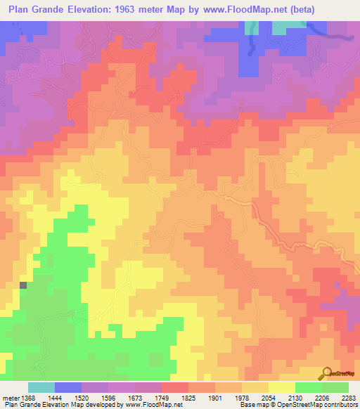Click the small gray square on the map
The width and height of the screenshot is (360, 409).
(23, 285)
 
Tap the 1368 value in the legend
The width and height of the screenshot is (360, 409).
(27, 398)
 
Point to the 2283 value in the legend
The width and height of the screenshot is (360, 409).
(348, 398)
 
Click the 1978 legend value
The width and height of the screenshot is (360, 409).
(241, 398)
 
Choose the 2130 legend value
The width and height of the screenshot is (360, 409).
(295, 398)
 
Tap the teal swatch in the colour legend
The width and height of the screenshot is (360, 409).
(41, 387)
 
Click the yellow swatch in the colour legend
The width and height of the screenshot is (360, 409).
(281, 387)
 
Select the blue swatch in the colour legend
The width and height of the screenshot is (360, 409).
(68, 387)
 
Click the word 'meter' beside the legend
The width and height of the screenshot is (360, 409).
(9, 398)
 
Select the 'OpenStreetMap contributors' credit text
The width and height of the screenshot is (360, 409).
(320, 405)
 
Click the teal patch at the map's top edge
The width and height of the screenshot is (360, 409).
(284, 27)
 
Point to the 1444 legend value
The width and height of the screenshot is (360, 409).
(54, 398)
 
